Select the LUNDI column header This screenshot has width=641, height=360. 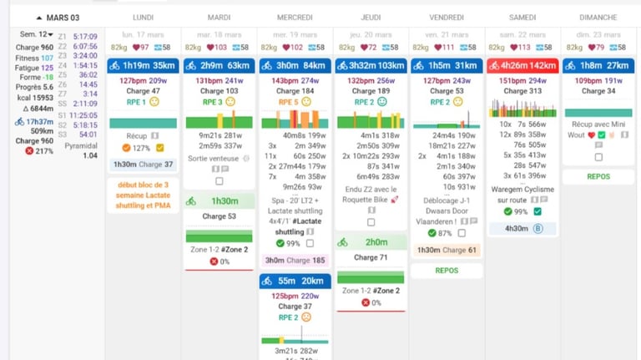point(143,18)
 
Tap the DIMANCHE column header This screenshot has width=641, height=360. point(598,18)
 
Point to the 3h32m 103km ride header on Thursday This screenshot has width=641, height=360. point(371,65)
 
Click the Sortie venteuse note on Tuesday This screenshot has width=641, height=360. point(213,159)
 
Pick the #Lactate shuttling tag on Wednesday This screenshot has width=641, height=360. point(291,226)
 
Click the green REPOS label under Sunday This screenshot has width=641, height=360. point(598,177)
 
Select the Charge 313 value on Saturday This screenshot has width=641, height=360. point(522,91)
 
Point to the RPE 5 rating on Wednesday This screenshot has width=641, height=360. point(287,102)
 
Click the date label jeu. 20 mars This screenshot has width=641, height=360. point(371,35)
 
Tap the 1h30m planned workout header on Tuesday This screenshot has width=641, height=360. point(219,201)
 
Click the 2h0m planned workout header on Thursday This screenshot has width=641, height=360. point(371,242)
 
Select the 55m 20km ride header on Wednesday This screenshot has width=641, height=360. point(295,281)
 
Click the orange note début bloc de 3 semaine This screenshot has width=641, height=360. point(143,195)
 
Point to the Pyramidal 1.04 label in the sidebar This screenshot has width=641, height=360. point(81,150)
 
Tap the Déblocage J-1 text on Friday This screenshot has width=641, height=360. point(447,200)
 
